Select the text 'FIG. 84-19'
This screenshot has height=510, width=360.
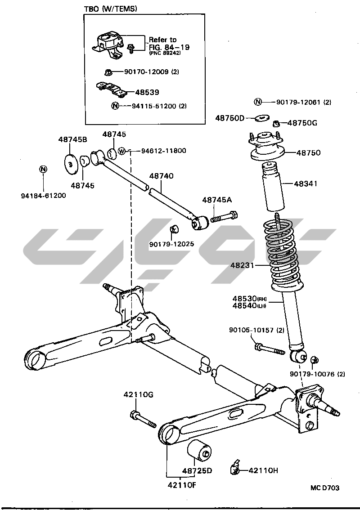(x=166, y=46)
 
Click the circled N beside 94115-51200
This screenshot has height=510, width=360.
(x=115, y=106)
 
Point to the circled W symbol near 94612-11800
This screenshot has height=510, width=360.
(x=122, y=151)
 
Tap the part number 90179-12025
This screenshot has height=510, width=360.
(x=172, y=244)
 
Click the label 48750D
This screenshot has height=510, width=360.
(x=229, y=118)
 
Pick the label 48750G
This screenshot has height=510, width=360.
(x=302, y=122)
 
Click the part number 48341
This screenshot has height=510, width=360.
(x=308, y=183)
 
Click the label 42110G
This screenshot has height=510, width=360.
(x=139, y=395)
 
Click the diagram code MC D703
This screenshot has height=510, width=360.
(x=324, y=488)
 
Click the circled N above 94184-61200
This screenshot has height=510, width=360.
(x=43, y=169)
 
